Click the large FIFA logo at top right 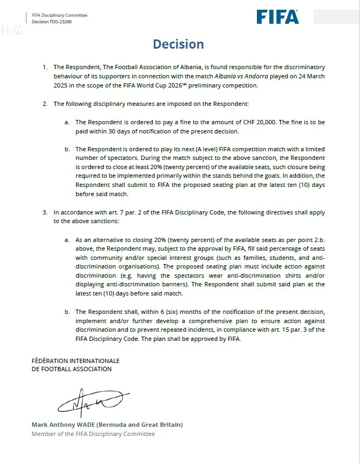click(x=277, y=17)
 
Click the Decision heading click(x=178, y=44)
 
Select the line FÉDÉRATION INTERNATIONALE click(x=76, y=360)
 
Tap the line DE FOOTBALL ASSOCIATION click(x=71, y=369)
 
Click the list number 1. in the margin click(x=45, y=68)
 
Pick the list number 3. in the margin click(x=45, y=212)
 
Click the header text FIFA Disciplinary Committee click(x=59, y=15)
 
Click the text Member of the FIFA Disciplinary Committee click(x=93, y=434)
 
